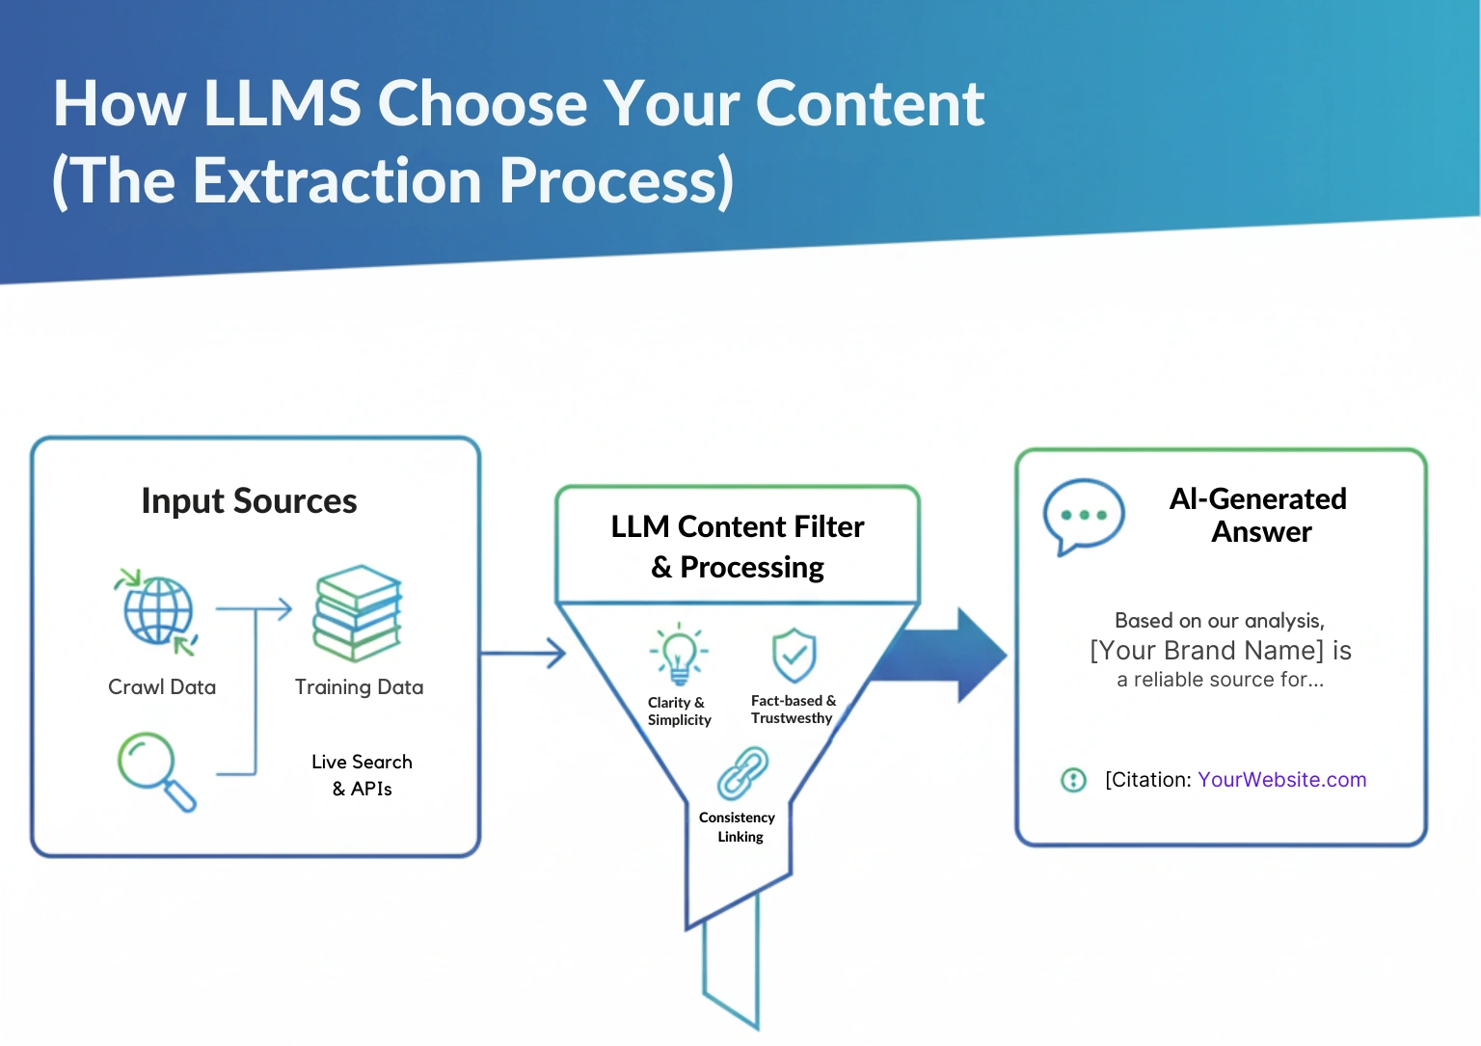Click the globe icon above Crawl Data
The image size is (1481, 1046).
click(158, 611)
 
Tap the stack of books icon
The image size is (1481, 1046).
click(357, 613)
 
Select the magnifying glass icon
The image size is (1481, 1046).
click(154, 770)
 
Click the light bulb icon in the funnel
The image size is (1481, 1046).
click(679, 653)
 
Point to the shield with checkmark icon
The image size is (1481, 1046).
click(794, 655)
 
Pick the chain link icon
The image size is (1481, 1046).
click(742, 772)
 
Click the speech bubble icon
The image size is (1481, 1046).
click(1083, 516)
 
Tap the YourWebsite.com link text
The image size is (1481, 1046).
click(1281, 780)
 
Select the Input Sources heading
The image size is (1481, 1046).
click(249, 501)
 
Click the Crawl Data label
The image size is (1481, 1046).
click(162, 687)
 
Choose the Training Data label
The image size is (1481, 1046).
click(359, 687)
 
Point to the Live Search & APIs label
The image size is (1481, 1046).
click(362, 775)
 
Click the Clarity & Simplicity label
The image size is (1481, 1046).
click(679, 711)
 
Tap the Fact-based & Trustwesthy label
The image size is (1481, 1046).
click(793, 710)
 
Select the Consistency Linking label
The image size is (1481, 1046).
click(738, 827)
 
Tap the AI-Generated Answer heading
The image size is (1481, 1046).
click(1258, 515)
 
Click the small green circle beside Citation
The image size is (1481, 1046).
click(1073, 780)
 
